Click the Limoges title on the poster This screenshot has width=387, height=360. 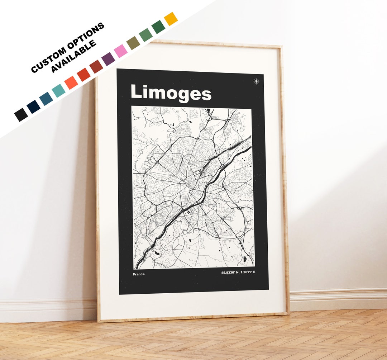click(171, 93)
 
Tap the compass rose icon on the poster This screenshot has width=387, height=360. click(256, 81)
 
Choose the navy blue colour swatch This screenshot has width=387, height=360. click(33, 106)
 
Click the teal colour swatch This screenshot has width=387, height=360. click(58, 91)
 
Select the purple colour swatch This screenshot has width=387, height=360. click(108, 59)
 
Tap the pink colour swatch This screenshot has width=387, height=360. click(121, 51)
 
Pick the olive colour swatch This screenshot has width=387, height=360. click(133, 43)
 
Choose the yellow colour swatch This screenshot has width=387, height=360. click(171, 19)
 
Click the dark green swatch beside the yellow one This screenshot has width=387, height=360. click(158, 27)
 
